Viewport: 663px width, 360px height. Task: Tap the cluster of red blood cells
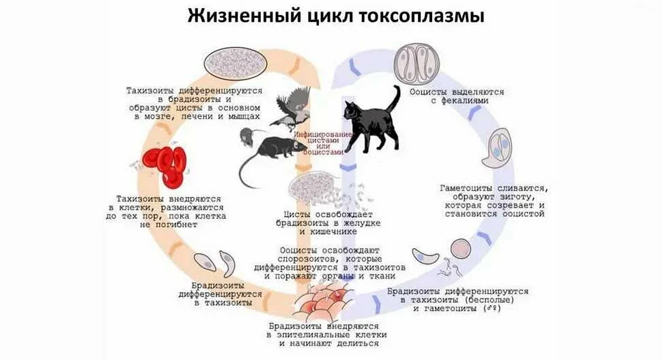click(164, 164)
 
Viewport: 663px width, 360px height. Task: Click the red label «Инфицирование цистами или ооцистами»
click(323, 143)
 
